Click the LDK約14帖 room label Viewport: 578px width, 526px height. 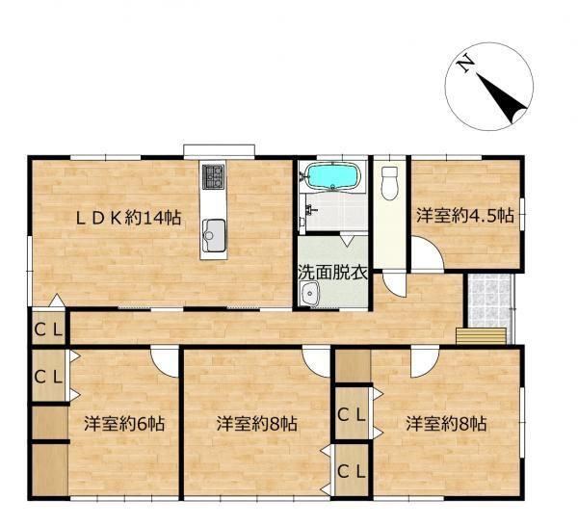click(x=128, y=218)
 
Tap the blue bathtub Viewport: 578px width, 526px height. click(x=332, y=176)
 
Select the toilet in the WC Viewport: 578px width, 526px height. click(x=389, y=183)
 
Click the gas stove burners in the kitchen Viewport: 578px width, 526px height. click(x=214, y=176)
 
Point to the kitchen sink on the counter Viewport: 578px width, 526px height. click(x=214, y=235)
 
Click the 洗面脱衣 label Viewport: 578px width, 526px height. click(x=333, y=273)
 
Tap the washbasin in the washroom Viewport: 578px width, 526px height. click(x=309, y=294)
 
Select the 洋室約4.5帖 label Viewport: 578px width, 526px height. click(x=465, y=216)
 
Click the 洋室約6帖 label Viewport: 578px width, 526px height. click(x=124, y=424)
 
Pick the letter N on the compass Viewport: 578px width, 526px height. click(x=465, y=64)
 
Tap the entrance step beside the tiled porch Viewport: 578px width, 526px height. click(x=481, y=336)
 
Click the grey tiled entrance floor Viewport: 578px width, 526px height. click(x=489, y=301)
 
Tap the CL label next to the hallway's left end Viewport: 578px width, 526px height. click(x=48, y=329)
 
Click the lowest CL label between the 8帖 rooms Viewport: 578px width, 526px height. click(x=352, y=471)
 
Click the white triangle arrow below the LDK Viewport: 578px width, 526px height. click(x=57, y=301)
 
